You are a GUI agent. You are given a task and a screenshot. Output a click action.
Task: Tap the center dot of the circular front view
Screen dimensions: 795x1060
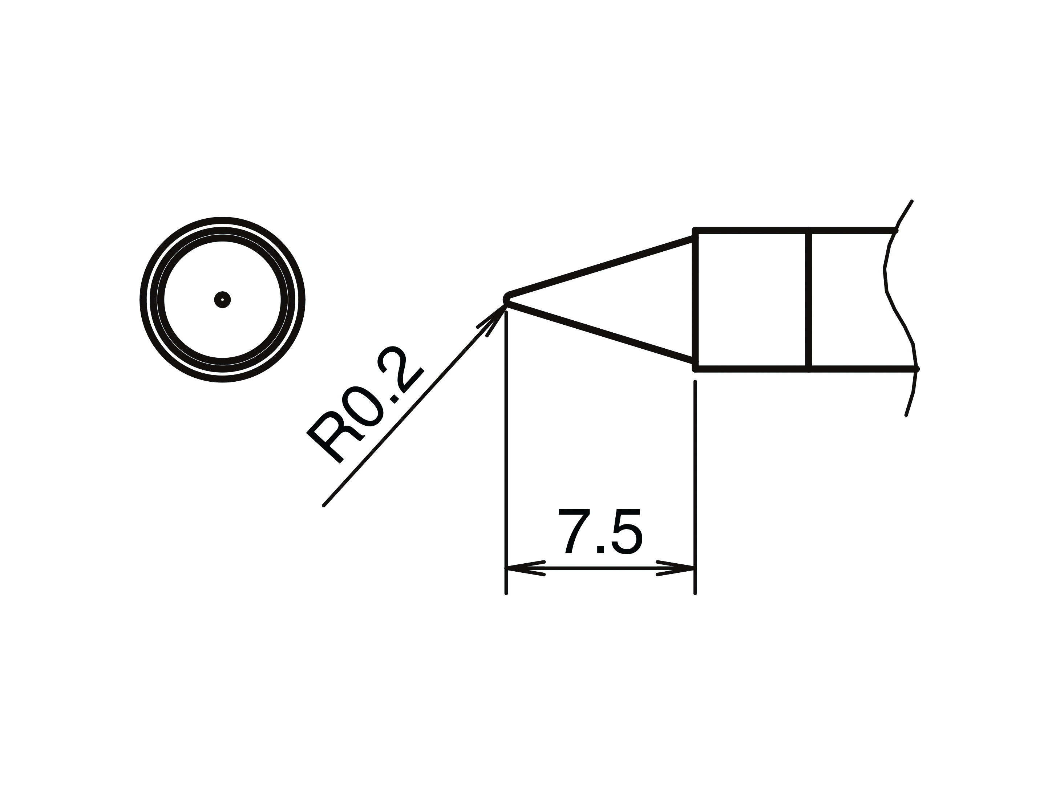click(222, 300)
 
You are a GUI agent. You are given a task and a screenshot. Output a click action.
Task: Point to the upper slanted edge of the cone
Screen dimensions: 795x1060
click(599, 267)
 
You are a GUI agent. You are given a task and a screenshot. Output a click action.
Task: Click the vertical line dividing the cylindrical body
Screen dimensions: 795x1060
click(809, 300)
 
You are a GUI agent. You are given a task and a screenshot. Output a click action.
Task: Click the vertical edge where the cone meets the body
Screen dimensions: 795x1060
click(695, 300)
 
